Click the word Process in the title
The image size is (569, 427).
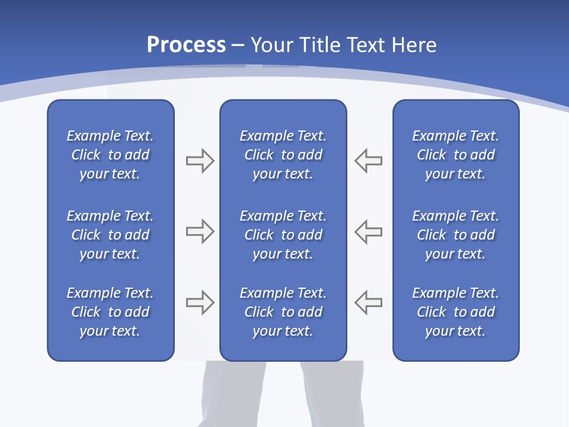[186, 45]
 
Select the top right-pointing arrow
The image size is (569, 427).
[200, 161]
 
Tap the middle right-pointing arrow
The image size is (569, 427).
[200, 231]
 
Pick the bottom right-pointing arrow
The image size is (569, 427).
[200, 302]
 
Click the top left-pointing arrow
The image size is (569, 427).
[368, 161]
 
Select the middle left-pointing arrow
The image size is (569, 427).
[368, 231]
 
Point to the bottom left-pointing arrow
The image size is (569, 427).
[368, 302]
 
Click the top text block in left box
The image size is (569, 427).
[110, 155]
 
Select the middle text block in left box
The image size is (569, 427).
[110, 235]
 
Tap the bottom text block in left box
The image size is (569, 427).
[110, 312]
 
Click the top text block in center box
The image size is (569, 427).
[283, 155]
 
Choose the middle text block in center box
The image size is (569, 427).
[283, 235]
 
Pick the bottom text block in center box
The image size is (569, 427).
[283, 312]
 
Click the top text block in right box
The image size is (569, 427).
[455, 155]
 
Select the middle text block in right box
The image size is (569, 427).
[455, 235]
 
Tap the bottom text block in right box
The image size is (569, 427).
[455, 312]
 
